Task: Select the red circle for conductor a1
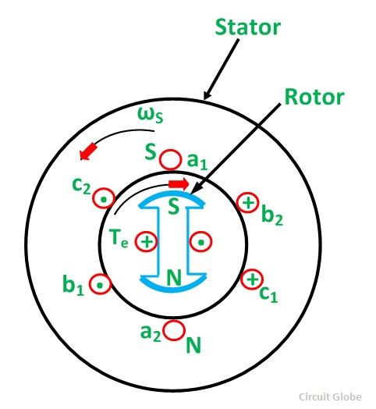[x=169, y=158]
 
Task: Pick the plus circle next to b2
[x=247, y=203]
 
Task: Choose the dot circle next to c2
[x=102, y=200]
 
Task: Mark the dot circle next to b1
[x=100, y=284]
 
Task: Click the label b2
[x=272, y=216]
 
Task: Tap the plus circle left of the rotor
[x=146, y=242]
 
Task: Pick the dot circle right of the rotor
[x=200, y=242]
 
